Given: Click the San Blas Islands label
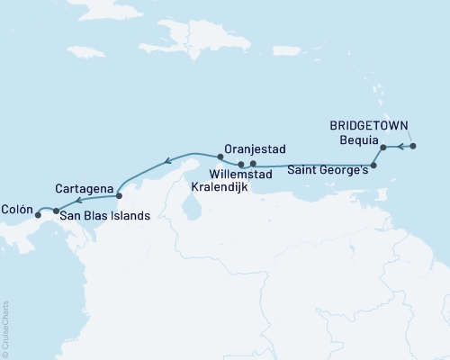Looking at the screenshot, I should [x=103, y=216].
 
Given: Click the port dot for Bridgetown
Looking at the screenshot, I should [x=413, y=146].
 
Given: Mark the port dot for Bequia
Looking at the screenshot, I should [x=383, y=147].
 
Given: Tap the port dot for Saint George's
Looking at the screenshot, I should [x=374, y=166].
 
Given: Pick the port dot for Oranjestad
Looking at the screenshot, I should [x=220, y=156].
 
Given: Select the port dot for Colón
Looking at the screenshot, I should [x=38, y=215].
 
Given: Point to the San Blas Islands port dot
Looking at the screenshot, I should [x=57, y=212].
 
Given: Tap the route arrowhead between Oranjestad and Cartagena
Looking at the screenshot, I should [x=166, y=163].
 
